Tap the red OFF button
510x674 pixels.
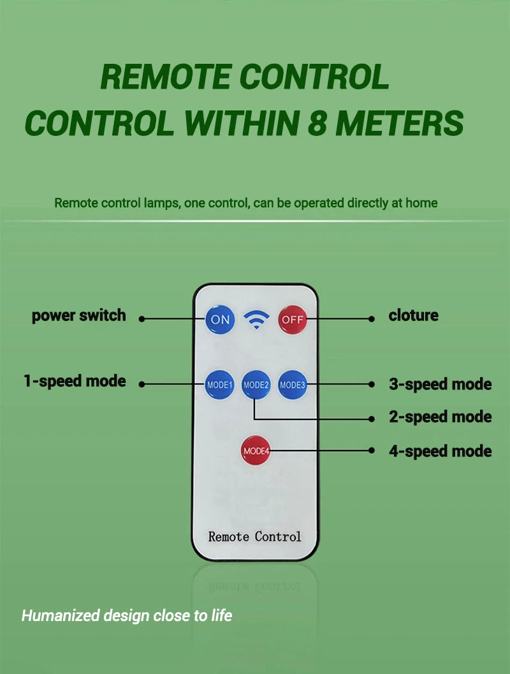point(293,319)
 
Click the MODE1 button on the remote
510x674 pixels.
point(219,384)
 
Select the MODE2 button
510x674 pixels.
point(256,384)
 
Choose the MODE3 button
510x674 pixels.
point(293,384)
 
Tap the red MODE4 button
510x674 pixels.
point(256,451)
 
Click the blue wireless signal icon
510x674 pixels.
point(256,320)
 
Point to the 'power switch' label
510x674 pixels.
point(79,316)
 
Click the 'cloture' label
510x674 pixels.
point(413,315)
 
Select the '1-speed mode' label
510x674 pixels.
point(75,381)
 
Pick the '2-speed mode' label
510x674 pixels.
point(441,417)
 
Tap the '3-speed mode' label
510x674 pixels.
point(441,384)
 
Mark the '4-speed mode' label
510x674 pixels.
point(441,451)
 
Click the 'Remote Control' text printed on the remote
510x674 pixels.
point(254,536)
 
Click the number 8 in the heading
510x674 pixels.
point(318,123)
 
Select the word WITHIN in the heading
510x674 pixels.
point(241,123)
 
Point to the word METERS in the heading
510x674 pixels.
point(400,123)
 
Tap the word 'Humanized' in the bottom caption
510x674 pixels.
point(61,615)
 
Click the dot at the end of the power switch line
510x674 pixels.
point(142,319)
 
